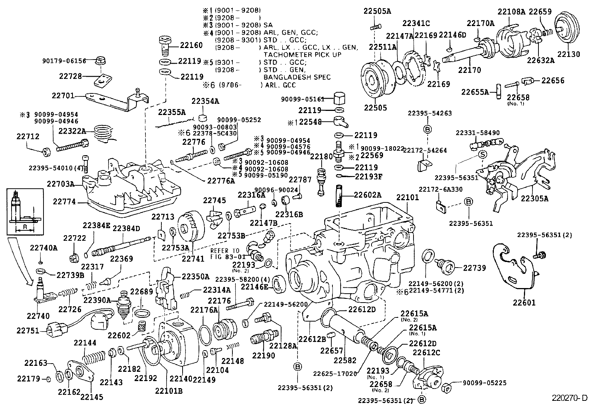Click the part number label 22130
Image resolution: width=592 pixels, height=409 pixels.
pos(569,54)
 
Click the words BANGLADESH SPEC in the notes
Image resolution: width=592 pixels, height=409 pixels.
pos(297,77)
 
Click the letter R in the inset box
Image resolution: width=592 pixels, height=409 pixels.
pos(25,226)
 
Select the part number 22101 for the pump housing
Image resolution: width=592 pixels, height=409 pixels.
pos(408,197)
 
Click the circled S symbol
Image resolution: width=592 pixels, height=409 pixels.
pos(482,154)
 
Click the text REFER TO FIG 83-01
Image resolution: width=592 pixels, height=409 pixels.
pos(225,253)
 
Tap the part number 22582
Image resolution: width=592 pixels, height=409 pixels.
pos(345,360)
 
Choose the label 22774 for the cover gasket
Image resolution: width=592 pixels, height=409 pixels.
pos(64,201)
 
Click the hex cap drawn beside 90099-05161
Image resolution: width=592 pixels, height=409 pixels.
pos(338,99)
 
